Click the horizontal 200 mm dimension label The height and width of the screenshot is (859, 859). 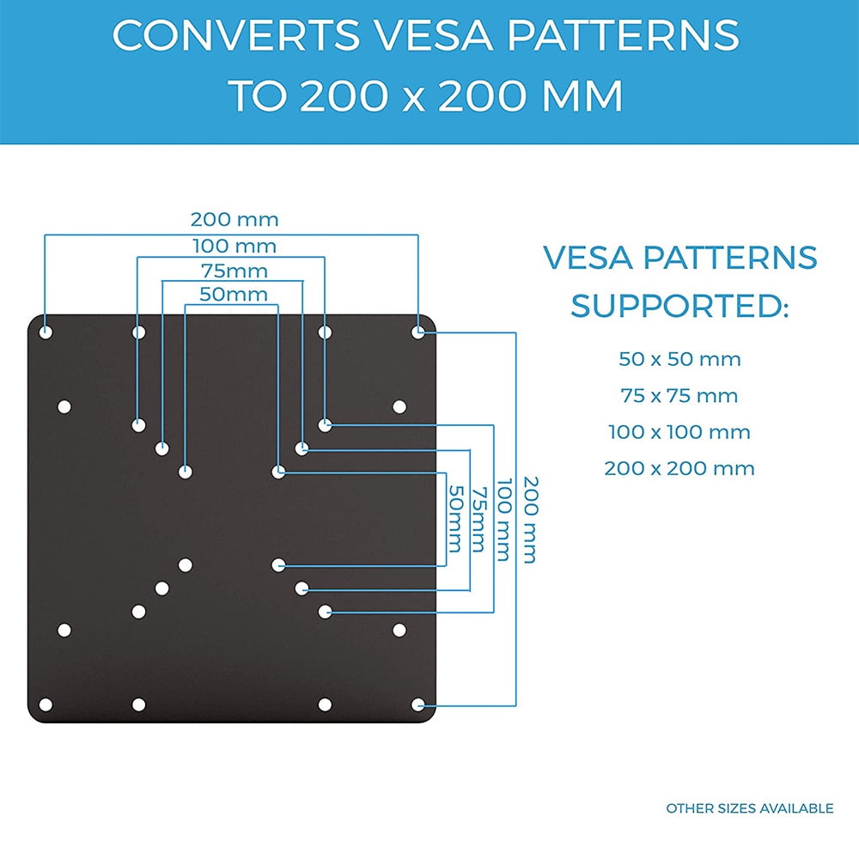tap(235, 220)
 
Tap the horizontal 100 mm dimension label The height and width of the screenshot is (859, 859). tap(235, 247)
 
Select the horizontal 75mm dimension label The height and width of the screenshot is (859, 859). tap(235, 271)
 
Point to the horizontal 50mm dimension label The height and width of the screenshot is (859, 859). tap(233, 295)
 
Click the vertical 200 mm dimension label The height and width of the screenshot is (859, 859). tap(528, 520)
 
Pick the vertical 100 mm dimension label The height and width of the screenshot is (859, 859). tap(505, 520)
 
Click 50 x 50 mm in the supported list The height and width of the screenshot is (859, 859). tap(679, 359)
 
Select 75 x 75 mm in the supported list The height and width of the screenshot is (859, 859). tap(679, 396)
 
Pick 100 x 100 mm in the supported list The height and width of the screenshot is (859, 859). tap(679, 432)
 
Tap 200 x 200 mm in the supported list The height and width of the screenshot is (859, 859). tap(679, 469)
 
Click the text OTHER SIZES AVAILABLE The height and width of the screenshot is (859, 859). tap(749, 808)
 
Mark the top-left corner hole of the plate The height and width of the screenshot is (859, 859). tap(46, 332)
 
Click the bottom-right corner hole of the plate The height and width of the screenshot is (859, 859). tap(417, 704)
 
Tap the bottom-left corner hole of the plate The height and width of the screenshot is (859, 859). tap(46, 704)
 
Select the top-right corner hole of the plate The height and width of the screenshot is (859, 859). tap(417, 332)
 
